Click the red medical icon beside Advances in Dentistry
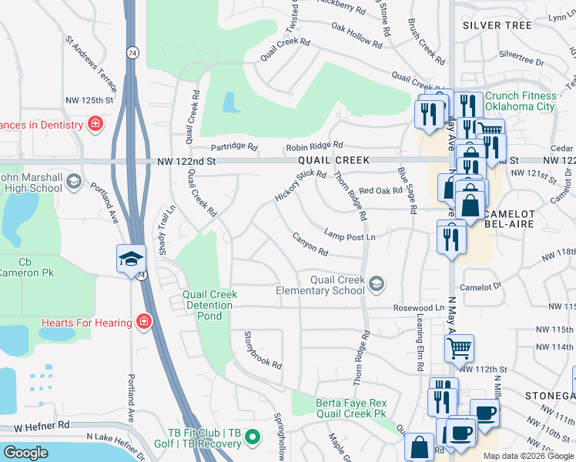click(95, 124)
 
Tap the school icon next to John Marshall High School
click(74, 182)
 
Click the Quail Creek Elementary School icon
click(376, 284)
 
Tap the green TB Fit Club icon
click(251, 440)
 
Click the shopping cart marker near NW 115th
click(459, 348)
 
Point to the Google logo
click(25, 453)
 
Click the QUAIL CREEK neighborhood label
click(334, 160)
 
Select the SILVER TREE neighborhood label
click(497, 25)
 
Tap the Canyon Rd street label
click(310, 247)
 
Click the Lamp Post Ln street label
click(350, 236)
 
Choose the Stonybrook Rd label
click(263, 350)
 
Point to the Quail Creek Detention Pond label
click(209, 305)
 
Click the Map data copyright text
click(528, 456)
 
